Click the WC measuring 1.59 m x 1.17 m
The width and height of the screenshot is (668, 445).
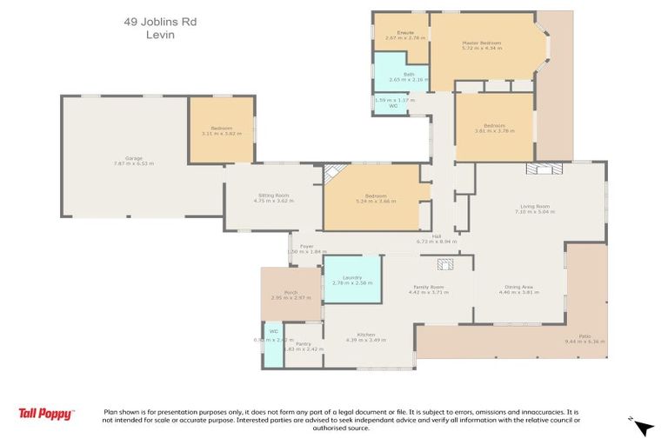coord(391,103)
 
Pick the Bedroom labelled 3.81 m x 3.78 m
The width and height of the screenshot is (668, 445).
coord(494,128)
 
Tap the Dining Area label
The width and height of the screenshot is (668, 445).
coord(518,289)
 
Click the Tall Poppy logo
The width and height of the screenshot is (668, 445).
coord(46,414)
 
